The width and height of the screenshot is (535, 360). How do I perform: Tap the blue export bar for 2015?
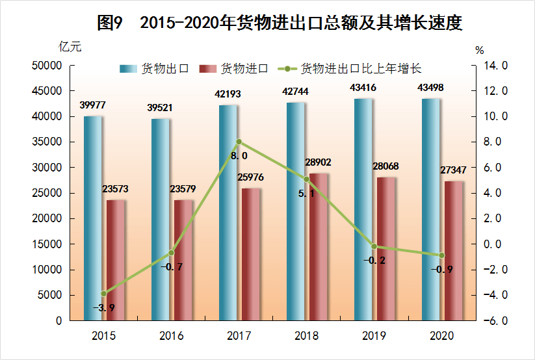(x=92, y=218)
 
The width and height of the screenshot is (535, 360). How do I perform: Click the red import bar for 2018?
(x=318, y=247)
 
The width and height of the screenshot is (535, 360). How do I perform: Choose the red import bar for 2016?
(x=183, y=260)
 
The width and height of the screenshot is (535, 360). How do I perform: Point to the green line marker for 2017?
(x=239, y=142)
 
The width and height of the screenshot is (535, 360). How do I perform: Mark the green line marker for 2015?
(x=103, y=294)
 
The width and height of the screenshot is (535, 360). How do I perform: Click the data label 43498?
(x=436, y=88)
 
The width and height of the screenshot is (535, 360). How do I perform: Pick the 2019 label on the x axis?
(x=374, y=337)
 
